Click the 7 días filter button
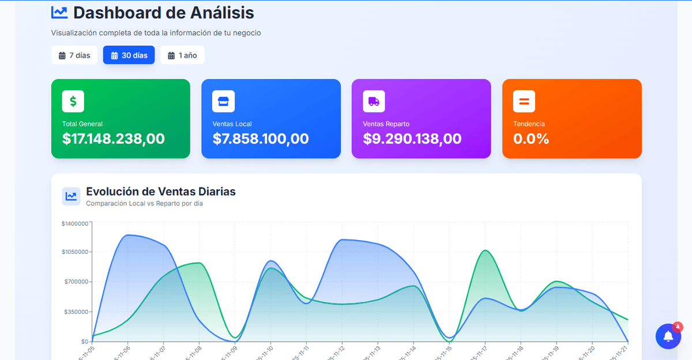[74, 55]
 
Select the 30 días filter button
[129, 55]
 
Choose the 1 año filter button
[182, 55]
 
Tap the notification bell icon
[668, 336]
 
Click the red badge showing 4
[678, 327]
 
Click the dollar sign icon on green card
[73, 102]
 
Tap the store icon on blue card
[223, 102]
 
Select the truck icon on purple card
[374, 102]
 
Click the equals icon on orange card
[524, 102]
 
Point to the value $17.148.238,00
[114, 139]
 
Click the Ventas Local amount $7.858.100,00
[261, 139]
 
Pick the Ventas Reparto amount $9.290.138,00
[412, 139]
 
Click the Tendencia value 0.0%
[531, 139]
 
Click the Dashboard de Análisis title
[164, 13]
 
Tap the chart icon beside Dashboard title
[59, 12]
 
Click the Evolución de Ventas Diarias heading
[161, 192]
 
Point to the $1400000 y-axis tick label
[75, 223]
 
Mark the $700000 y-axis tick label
[76, 282]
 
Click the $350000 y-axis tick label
[76, 312]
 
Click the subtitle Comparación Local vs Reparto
[144, 204]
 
